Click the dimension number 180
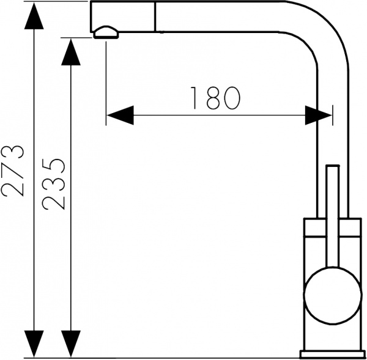(213, 97)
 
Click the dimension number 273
(13, 171)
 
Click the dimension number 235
(54, 183)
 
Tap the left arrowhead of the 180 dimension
(120, 114)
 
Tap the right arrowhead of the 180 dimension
(319, 114)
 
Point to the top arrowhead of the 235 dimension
(71, 52)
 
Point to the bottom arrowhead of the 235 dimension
(71, 342)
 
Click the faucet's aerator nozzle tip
(106, 32)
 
